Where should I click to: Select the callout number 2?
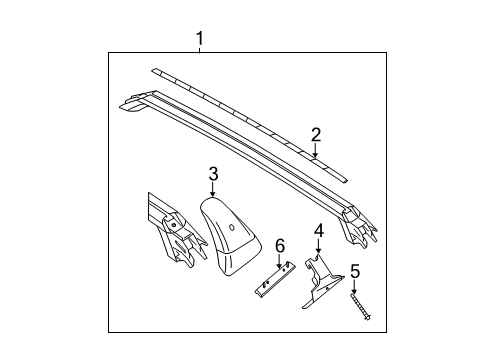tap(316, 134)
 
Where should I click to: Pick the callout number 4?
tap(318, 231)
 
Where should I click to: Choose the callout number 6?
tap(280, 245)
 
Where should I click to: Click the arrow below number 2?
tap(316, 153)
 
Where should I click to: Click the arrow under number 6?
tap(280, 261)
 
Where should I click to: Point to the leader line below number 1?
tap(199, 50)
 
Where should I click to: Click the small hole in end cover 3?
tap(231, 227)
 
